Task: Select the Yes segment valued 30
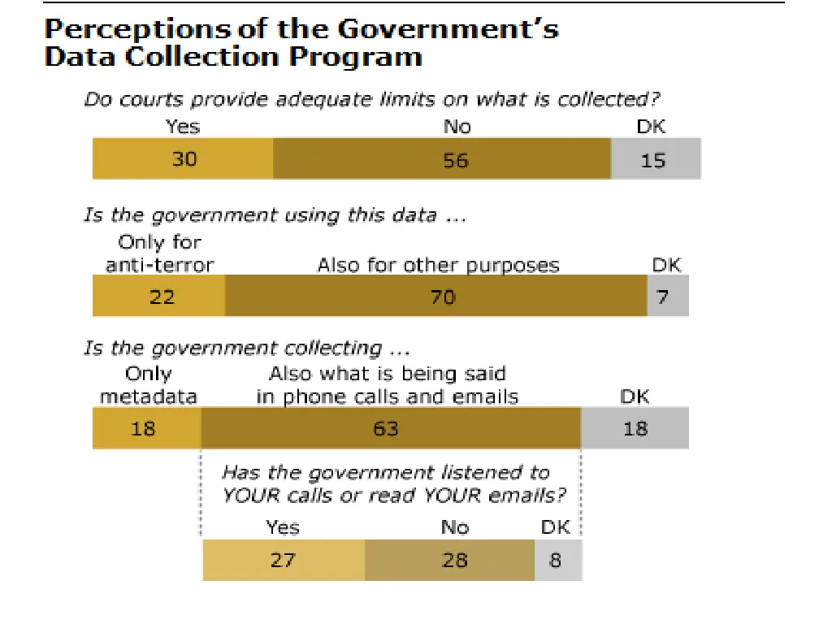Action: pyautogui.click(x=183, y=159)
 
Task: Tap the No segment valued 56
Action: pyautogui.click(x=441, y=159)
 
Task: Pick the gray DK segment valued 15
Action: pyautogui.click(x=655, y=159)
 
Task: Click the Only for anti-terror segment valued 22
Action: pyautogui.click(x=159, y=297)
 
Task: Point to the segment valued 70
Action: pyautogui.click(x=436, y=297)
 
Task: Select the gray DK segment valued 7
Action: pyautogui.click(x=668, y=297)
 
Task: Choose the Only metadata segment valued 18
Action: pyautogui.click(x=147, y=428)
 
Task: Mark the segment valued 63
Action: pyautogui.click(x=390, y=428)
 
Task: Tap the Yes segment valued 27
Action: pyautogui.click(x=284, y=561)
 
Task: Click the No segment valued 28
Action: pyautogui.click(x=449, y=561)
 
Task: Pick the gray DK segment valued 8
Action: pyautogui.click(x=558, y=561)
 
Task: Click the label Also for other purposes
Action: pyautogui.click(x=438, y=266)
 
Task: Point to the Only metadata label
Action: pyautogui.click(x=149, y=385)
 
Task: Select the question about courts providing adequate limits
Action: pyautogui.click(x=371, y=100)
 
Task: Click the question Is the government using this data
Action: pyautogui.click(x=275, y=215)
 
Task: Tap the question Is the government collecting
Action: pyautogui.click(x=245, y=349)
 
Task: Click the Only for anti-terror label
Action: pyautogui.click(x=159, y=253)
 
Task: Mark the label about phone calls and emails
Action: pyautogui.click(x=388, y=385)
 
